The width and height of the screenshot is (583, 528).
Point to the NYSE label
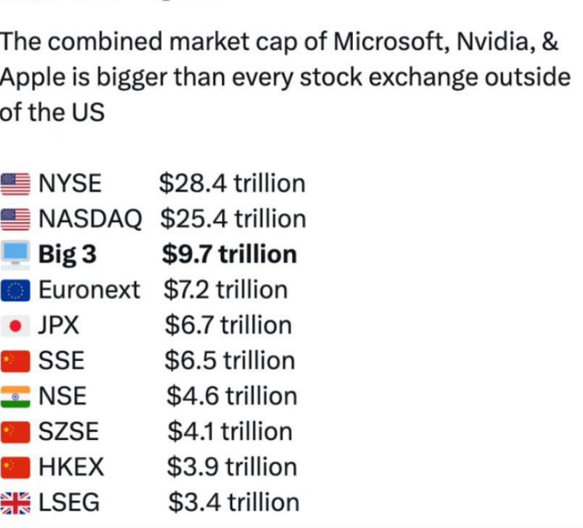[x=70, y=183]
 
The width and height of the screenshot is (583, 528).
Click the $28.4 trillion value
[x=232, y=183]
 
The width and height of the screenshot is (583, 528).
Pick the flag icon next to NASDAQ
[x=15, y=218]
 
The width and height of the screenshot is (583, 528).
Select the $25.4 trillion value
[x=233, y=218]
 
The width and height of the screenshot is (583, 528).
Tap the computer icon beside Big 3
[x=15, y=254]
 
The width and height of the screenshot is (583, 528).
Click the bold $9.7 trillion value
[x=229, y=254]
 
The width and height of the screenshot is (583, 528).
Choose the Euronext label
[x=89, y=290]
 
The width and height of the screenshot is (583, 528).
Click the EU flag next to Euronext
[x=15, y=290]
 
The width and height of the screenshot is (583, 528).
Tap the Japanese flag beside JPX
[x=15, y=326]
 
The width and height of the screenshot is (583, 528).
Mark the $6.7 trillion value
[x=228, y=325]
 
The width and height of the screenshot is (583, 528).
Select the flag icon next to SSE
[x=15, y=361]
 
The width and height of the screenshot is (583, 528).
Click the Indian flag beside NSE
[x=15, y=397]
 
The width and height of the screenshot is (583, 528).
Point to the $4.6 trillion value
[x=231, y=396]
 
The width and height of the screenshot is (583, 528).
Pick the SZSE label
[x=69, y=432]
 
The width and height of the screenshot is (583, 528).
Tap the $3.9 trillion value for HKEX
[x=231, y=467]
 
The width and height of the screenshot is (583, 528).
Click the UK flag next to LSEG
[x=15, y=503]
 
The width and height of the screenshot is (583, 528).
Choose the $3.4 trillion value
[x=233, y=502]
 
